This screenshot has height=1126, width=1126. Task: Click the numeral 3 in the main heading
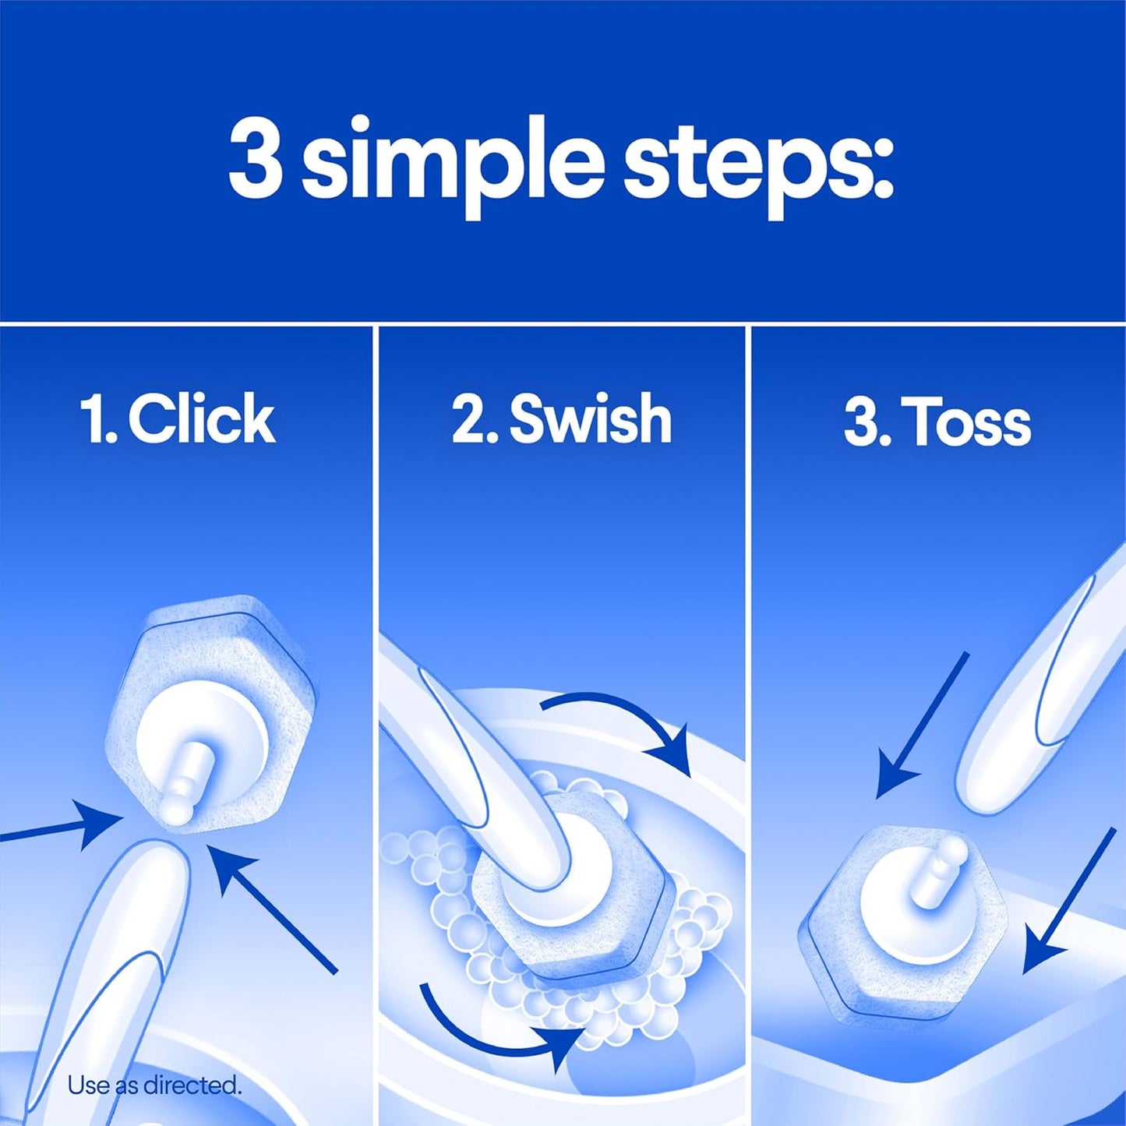click(x=255, y=159)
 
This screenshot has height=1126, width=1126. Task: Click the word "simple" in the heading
click(x=452, y=164)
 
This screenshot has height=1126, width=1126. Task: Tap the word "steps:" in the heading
click(x=757, y=164)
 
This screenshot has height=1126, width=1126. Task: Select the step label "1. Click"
click(x=178, y=419)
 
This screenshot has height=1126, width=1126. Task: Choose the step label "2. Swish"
click(x=561, y=419)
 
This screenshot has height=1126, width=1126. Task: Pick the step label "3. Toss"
click(x=937, y=422)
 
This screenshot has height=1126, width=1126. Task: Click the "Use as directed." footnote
click(x=154, y=1085)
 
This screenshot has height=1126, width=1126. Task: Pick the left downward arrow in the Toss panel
click(x=920, y=725)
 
